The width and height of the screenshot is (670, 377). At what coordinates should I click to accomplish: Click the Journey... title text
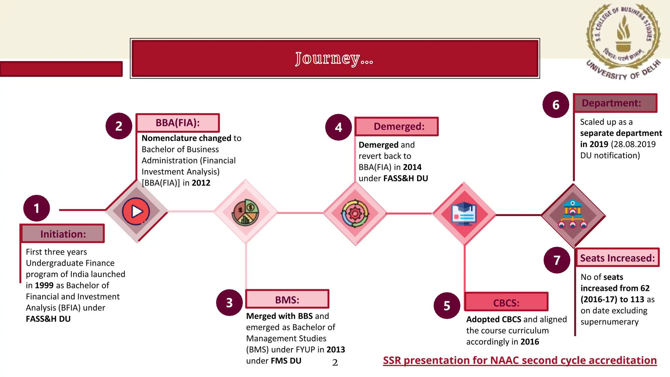334,59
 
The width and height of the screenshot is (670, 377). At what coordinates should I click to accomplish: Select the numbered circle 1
37,208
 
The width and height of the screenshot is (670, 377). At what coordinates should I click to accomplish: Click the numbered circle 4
339,127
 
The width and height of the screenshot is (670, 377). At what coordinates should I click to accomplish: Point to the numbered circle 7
557,260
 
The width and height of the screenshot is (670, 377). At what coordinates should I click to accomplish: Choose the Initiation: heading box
62,234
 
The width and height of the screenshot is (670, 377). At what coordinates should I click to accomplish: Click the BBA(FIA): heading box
178,123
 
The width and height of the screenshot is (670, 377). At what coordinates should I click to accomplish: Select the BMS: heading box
287,299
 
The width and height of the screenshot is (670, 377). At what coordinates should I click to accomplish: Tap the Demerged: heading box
397,126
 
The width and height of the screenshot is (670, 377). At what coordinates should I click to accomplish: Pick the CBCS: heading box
506,302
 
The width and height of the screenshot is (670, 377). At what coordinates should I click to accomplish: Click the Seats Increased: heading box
617,258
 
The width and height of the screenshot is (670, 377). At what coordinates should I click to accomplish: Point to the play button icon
136,211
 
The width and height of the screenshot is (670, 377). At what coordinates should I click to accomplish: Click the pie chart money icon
245,212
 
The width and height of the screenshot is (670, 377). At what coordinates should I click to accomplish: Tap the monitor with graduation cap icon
464,214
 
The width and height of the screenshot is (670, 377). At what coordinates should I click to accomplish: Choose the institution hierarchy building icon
573,215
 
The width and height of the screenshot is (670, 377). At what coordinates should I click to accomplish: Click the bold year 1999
44,285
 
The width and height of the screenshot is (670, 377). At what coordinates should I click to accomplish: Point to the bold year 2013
336,350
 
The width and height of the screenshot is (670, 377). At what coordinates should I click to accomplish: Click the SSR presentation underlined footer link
520,360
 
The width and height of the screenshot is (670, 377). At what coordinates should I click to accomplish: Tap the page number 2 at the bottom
335,363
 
